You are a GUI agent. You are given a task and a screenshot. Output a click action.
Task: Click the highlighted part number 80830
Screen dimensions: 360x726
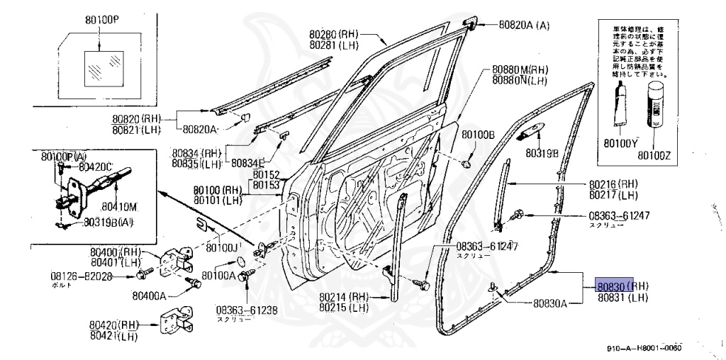(x=610, y=286)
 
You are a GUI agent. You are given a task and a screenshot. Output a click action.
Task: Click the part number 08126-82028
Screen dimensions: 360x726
(x=82, y=276)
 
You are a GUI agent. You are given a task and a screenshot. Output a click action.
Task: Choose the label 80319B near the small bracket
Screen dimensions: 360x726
(x=542, y=152)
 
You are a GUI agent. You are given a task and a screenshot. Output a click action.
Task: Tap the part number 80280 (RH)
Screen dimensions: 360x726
(x=335, y=34)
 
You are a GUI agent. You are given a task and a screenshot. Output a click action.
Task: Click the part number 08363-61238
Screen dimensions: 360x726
(x=247, y=310)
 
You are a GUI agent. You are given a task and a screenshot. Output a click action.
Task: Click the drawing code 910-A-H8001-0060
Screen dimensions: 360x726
(x=644, y=348)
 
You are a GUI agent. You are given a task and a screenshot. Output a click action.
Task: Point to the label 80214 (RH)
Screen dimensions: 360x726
(x=344, y=297)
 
